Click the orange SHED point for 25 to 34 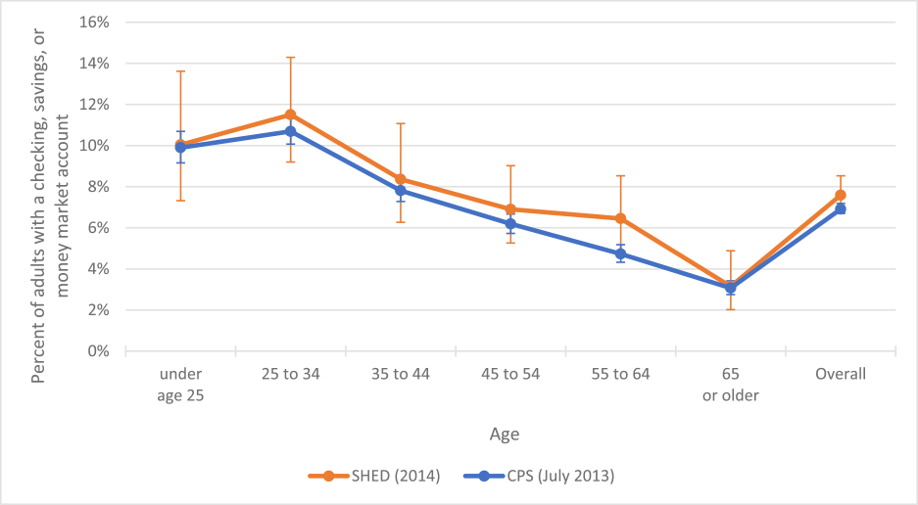[x=291, y=115]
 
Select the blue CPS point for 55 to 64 [x=620, y=253]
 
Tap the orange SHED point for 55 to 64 [x=620, y=218]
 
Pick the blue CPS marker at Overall [x=841, y=208]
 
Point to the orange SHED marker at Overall [x=841, y=195]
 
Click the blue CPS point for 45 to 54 [x=510, y=224]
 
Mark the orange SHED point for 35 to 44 [x=401, y=179]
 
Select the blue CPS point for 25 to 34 [x=291, y=131]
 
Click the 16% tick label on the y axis [x=94, y=23]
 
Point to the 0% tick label [x=98, y=351]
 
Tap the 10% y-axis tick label [x=94, y=146]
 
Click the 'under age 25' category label [x=181, y=383]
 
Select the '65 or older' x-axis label [x=730, y=383]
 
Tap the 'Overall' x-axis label [x=841, y=374]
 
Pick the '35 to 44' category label [x=401, y=374]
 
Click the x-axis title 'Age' [x=505, y=433]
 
